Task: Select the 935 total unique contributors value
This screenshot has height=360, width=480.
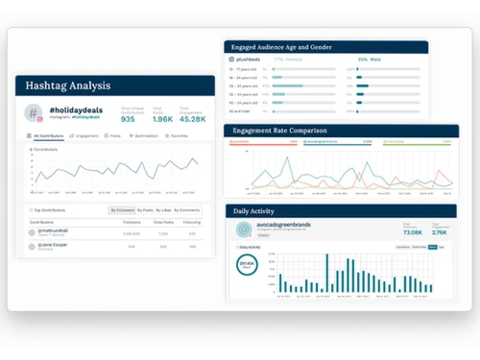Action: (x=129, y=119)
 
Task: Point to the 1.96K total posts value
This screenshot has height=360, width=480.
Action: (x=160, y=119)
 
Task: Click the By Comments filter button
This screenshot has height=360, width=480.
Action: (x=187, y=209)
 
